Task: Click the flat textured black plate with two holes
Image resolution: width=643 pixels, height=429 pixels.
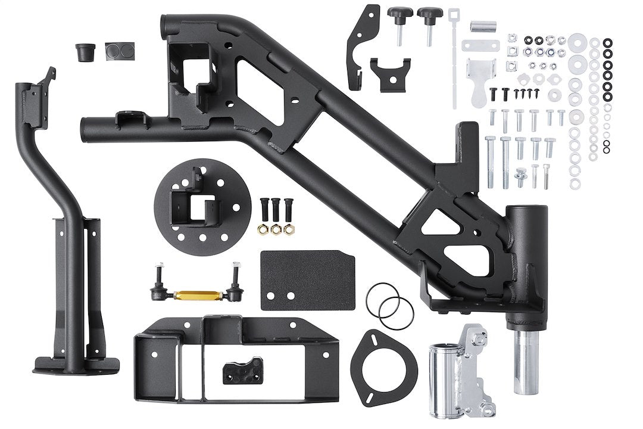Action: [x=308, y=280]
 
